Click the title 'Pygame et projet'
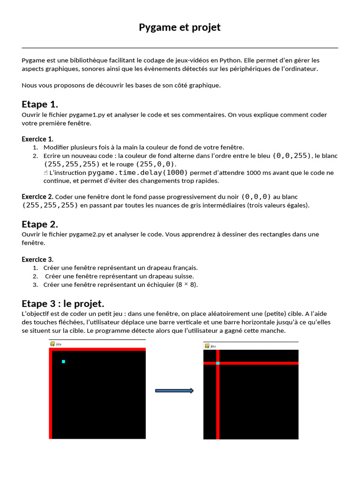coord(180,27)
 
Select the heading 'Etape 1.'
coord(40,104)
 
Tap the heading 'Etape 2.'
coord(40,224)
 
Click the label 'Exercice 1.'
coord(37,139)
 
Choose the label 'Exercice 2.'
coord(37,196)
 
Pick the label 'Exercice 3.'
coord(37,259)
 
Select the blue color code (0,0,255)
coord(292,156)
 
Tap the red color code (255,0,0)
coord(155,164)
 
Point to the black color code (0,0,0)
coord(256,197)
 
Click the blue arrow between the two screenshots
coord(174,391)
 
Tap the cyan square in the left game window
coord(63,361)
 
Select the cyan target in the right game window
coord(218,363)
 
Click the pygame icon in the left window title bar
coord(52,344)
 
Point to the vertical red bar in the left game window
coord(51,394)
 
